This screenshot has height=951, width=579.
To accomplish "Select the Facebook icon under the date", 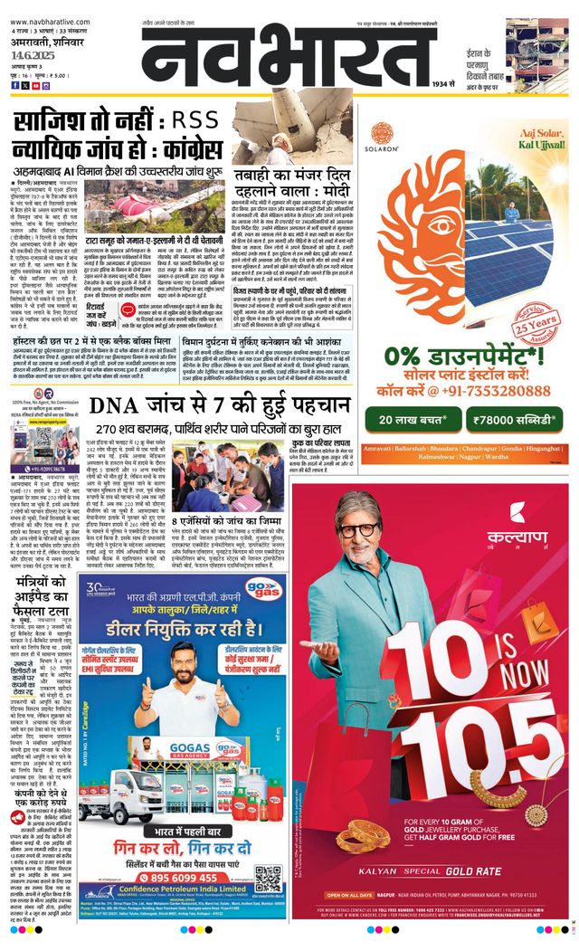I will pyautogui.click(x=14, y=85).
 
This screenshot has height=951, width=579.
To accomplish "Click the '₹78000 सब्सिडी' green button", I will pyautogui.click(x=513, y=420).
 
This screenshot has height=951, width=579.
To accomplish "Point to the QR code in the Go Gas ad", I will pyautogui.click(x=268, y=877).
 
